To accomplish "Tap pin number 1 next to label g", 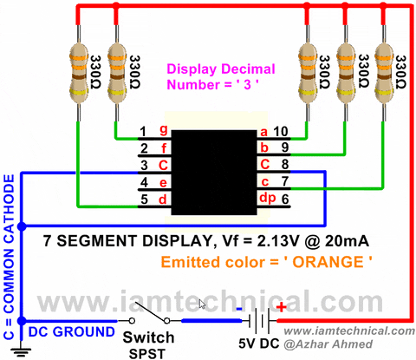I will [142, 132].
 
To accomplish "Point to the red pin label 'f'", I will [162, 148].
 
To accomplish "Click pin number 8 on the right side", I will [283, 165].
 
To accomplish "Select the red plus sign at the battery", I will [281, 306].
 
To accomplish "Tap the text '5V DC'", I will [259, 343].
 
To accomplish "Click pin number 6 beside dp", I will [283, 199].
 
